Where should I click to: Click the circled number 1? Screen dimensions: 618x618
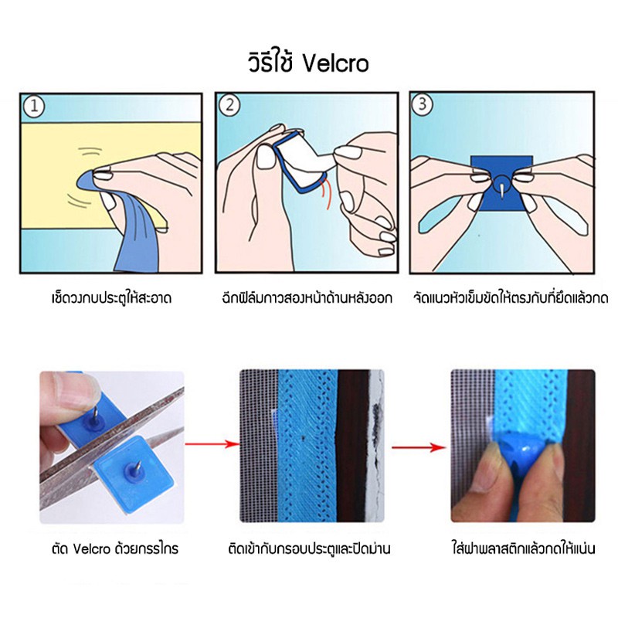[34, 106]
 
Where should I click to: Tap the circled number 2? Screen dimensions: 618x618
[229, 105]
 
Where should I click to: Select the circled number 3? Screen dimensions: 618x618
[422, 104]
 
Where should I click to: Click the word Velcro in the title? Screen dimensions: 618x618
[336, 63]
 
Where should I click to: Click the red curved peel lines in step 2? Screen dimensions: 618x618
[326, 192]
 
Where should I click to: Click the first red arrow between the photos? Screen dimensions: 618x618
[211, 444]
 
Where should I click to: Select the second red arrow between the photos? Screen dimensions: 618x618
[419, 447]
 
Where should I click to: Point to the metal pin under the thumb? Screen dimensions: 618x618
[94, 414]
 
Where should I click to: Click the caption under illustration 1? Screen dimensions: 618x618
[111, 297]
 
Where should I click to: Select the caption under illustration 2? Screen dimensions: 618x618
[307, 297]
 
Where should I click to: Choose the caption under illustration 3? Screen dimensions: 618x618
[511, 297]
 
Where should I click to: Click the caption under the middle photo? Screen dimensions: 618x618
[309, 548]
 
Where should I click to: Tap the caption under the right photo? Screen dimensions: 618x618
[523, 548]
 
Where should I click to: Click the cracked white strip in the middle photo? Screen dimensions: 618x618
[376, 446]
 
